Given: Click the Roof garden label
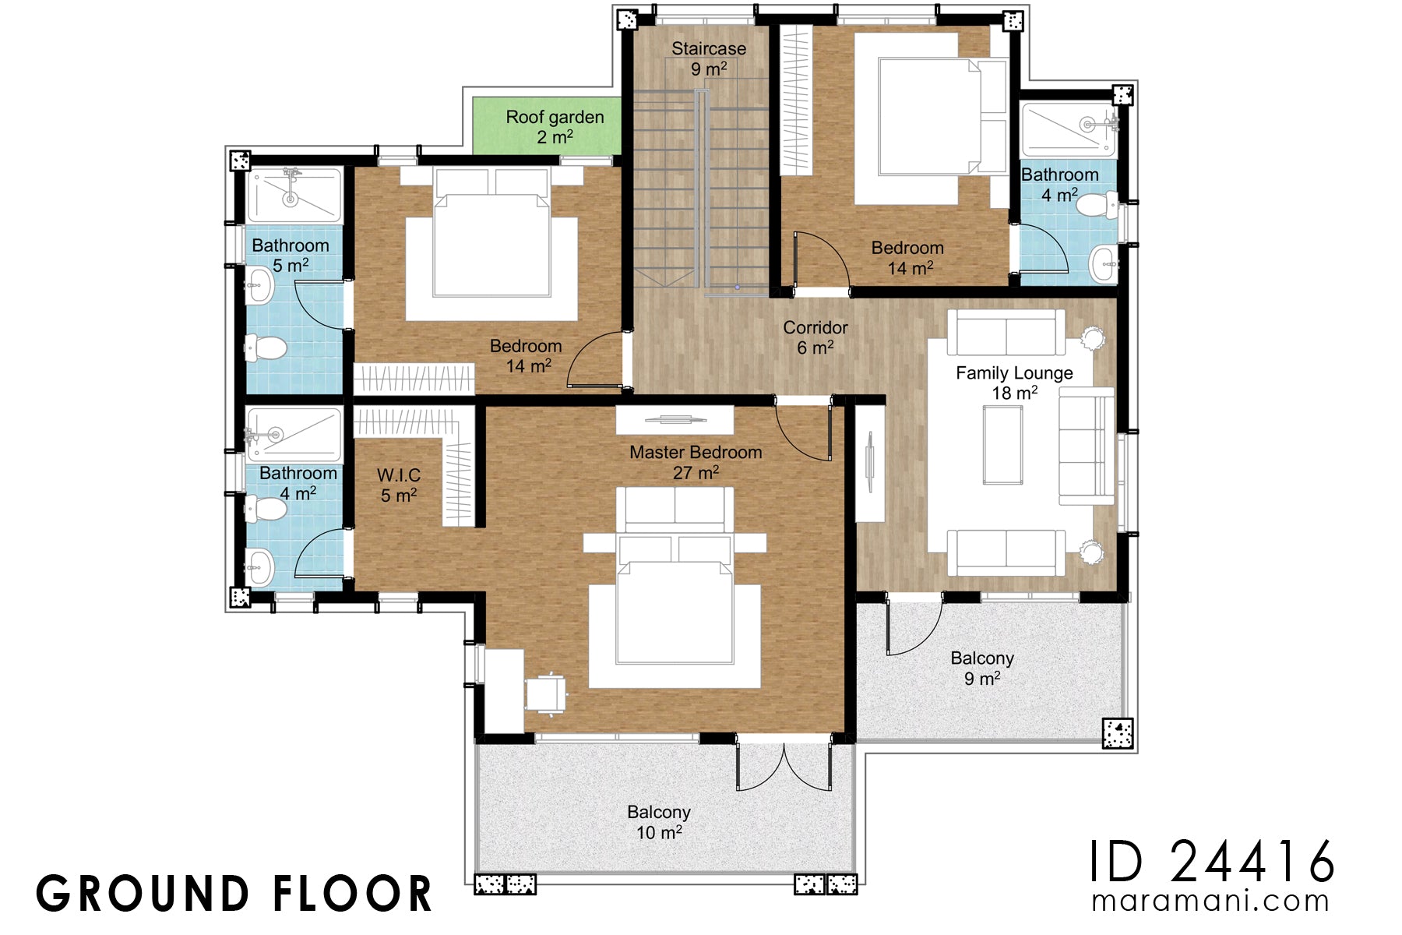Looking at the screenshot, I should coord(555,127).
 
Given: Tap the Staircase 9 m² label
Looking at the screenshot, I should coord(709,58).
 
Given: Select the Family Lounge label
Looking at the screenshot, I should coord(1014,383).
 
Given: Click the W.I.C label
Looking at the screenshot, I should coord(399,485).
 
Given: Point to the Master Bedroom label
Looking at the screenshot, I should coord(696,462).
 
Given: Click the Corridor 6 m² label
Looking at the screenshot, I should coord(815,337).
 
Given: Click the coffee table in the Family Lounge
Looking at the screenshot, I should coord(1002,445).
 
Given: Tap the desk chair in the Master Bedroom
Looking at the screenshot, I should coord(545,693).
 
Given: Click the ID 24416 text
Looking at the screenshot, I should coord(1212,862).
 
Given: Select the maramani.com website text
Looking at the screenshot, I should coord(1210,901).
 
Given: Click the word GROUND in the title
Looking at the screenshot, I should coord(141,894).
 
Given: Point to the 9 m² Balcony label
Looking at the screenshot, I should coord(982,668).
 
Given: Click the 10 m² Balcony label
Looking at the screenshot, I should coord(659,822).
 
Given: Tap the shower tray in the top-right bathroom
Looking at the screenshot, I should coord(1068,129).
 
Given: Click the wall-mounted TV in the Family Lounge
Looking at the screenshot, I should coord(870,463).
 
